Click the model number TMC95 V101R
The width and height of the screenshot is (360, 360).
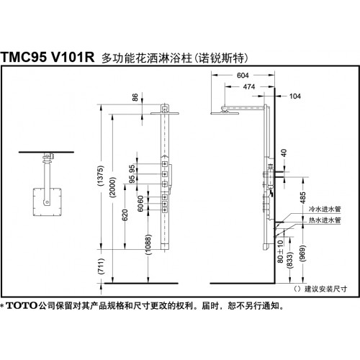(48, 58)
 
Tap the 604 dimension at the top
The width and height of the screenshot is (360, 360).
(243, 76)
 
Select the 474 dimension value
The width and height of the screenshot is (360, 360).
(249, 86)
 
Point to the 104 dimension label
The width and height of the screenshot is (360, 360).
(295, 96)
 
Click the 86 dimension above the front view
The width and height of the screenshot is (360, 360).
(135, 97)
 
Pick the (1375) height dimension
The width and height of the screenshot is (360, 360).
(100, 176)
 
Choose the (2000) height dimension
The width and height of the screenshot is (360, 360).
(112, 187)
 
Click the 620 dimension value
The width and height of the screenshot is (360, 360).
(125, 215)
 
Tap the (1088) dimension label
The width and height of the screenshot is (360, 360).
(148, 244)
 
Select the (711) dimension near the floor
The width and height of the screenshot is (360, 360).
(102, 266)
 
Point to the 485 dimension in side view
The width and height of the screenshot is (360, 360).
(303, 198)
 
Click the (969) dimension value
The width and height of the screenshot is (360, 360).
(303, 253)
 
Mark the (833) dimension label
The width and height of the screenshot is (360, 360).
(290, 260)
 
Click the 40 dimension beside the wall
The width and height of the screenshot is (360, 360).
(284, 153)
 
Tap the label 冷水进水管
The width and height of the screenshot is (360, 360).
(325, 209)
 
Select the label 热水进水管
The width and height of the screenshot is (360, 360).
(325, 220)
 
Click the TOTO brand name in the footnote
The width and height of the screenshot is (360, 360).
(22, 306)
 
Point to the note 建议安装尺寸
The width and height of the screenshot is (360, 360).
(326, 289)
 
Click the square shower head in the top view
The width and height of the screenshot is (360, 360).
(48, 202)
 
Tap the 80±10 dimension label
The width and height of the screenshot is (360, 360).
(280, 251)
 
